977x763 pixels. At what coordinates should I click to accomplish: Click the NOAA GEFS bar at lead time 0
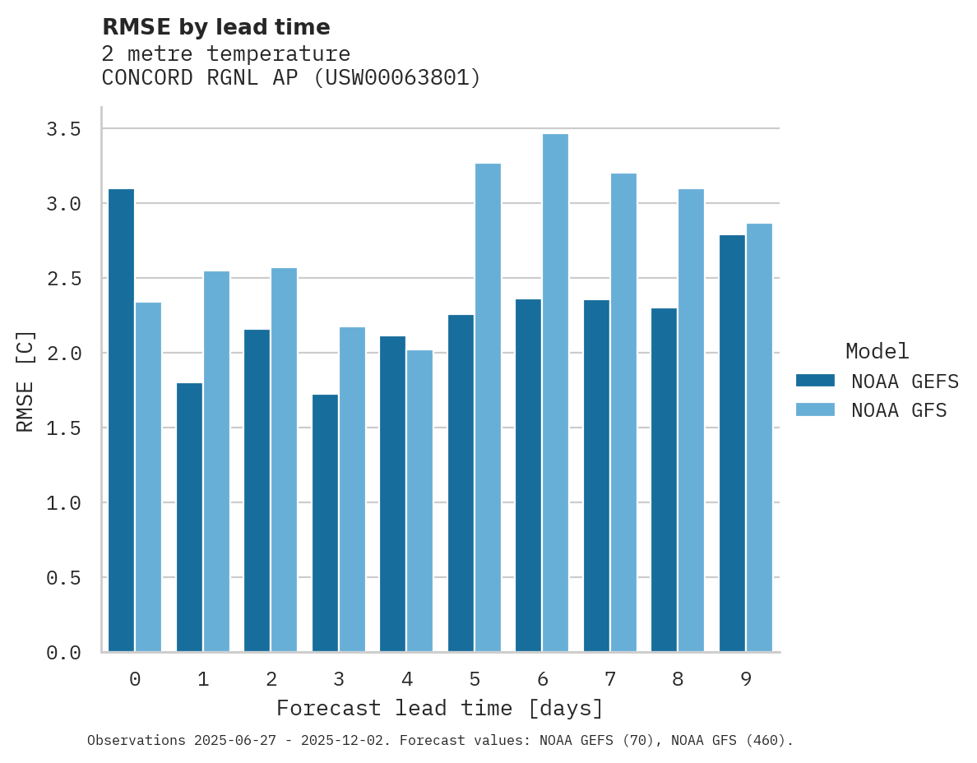pyautogui.click(x=121, y=420)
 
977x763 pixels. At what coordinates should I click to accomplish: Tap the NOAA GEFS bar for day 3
pyautogui.click(x=325, y=523)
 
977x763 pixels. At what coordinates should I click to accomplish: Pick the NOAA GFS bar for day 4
pyautogui.click(x=419, y=501)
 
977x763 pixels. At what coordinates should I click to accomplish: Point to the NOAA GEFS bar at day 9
pyautogui.click(x=732, y=443)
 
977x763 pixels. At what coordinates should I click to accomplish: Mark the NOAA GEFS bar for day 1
pyautogui.click(x=189, y=517)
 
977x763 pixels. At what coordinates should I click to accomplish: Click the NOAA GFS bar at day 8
pyautogui.click(x=691, y=420)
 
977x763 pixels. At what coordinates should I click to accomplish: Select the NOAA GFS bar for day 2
pyautogui.click(x=284, y=460)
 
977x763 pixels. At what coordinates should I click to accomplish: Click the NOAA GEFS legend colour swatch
pyautogui.click(x=815, y=381)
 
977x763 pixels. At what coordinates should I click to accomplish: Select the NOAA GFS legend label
pyautogui.click(x=899, y=410)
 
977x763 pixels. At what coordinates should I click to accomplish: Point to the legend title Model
pyautogui.click(x=877, y=351)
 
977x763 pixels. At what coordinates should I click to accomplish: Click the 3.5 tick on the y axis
pyautogui.click(x=63, y=129)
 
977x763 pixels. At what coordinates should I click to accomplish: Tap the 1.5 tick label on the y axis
pyautogui.click(x=63, y=428)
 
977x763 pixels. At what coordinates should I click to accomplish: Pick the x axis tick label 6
pyautogui.click(x=543, y=679)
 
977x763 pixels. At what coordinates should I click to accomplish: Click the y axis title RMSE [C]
pyautogui.click(x=25, y=381)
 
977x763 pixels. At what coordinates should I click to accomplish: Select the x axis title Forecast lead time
pyautogui.click(x=439, y=708)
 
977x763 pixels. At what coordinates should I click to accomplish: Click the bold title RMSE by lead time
pyautogui.click(x=215, y=27)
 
